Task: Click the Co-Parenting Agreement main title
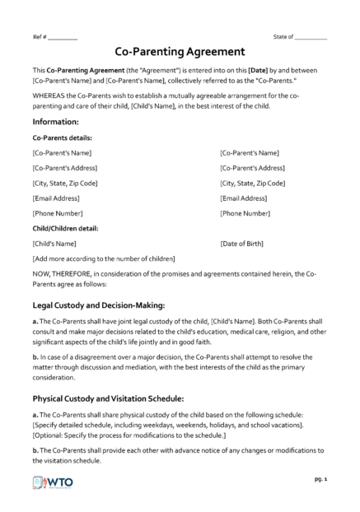(179, 51)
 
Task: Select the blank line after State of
(311, 38)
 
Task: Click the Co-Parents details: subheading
(62, 138)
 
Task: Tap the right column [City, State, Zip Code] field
(253, 183)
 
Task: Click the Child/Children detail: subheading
(68, 228)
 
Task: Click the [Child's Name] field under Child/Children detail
(54, 244)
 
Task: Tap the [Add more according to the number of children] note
(103, 258)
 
